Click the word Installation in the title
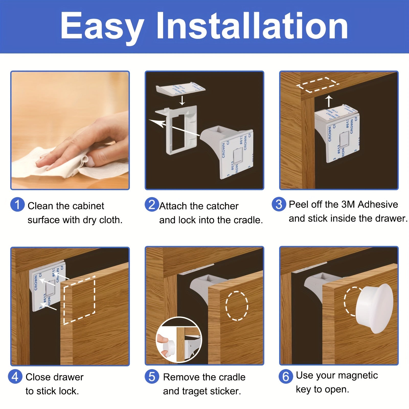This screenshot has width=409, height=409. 252,26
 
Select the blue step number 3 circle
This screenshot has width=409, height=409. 279,204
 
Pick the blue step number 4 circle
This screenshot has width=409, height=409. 15,377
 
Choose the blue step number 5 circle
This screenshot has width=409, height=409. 152,377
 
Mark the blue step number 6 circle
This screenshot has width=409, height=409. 286,376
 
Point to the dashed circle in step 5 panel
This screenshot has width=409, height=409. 237,305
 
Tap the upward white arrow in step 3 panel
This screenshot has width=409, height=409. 329,101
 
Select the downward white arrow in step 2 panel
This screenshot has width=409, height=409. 182,100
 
